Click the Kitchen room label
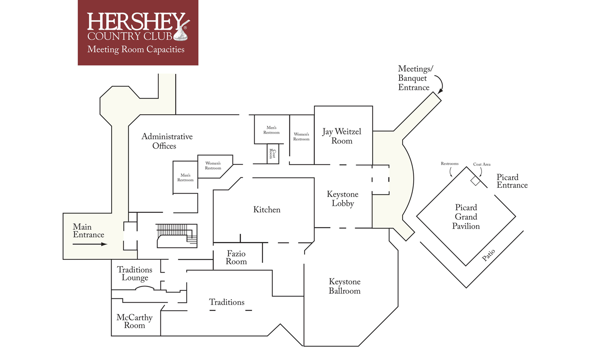(267, 210)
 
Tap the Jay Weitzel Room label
(342, 136)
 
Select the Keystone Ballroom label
(345, 286)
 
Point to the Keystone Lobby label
(343, 199)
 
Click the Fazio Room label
(236, 258)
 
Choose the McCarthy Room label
(134, 321)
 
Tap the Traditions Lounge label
(135, 274)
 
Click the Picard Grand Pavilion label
(466, 217)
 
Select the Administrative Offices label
(167, 141)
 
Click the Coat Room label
(272, 154)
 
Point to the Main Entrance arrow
(90, 244)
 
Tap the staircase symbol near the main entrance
(177, 236)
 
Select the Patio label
(488, 255)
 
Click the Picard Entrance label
(512, 181)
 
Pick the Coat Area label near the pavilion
(482, 164)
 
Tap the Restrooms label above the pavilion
(449, 164)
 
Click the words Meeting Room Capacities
(136, 50)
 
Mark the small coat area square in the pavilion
(476, 181)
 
